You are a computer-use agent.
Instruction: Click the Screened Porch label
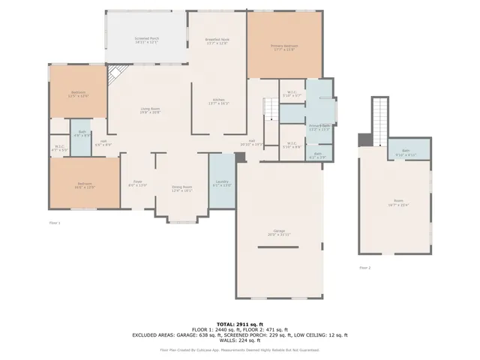[x=146, y=40]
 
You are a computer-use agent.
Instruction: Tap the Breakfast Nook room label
[x=217, y=40]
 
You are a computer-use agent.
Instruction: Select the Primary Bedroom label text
[x=284, y=48]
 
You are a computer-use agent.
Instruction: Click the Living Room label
[x=150, y=110]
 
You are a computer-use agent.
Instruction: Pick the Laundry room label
[x=221, y=183]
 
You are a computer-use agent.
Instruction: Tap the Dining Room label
[x=182, y=188]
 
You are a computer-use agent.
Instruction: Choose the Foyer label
[x=138, y=183]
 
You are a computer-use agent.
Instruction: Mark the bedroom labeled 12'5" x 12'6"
[x=78, y=94]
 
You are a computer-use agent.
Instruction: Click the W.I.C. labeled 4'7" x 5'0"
[x=59, y=148]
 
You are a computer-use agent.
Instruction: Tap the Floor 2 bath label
[x=406, y=152]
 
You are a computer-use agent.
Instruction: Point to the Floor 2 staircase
[x=382, y=120]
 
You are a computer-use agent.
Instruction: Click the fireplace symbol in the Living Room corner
[x=116, y=75]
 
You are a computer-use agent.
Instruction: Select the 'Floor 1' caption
[x=54, y=223]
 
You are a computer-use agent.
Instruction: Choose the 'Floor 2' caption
[x=364, y=267]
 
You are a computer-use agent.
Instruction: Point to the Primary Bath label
[x=319, y=127]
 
